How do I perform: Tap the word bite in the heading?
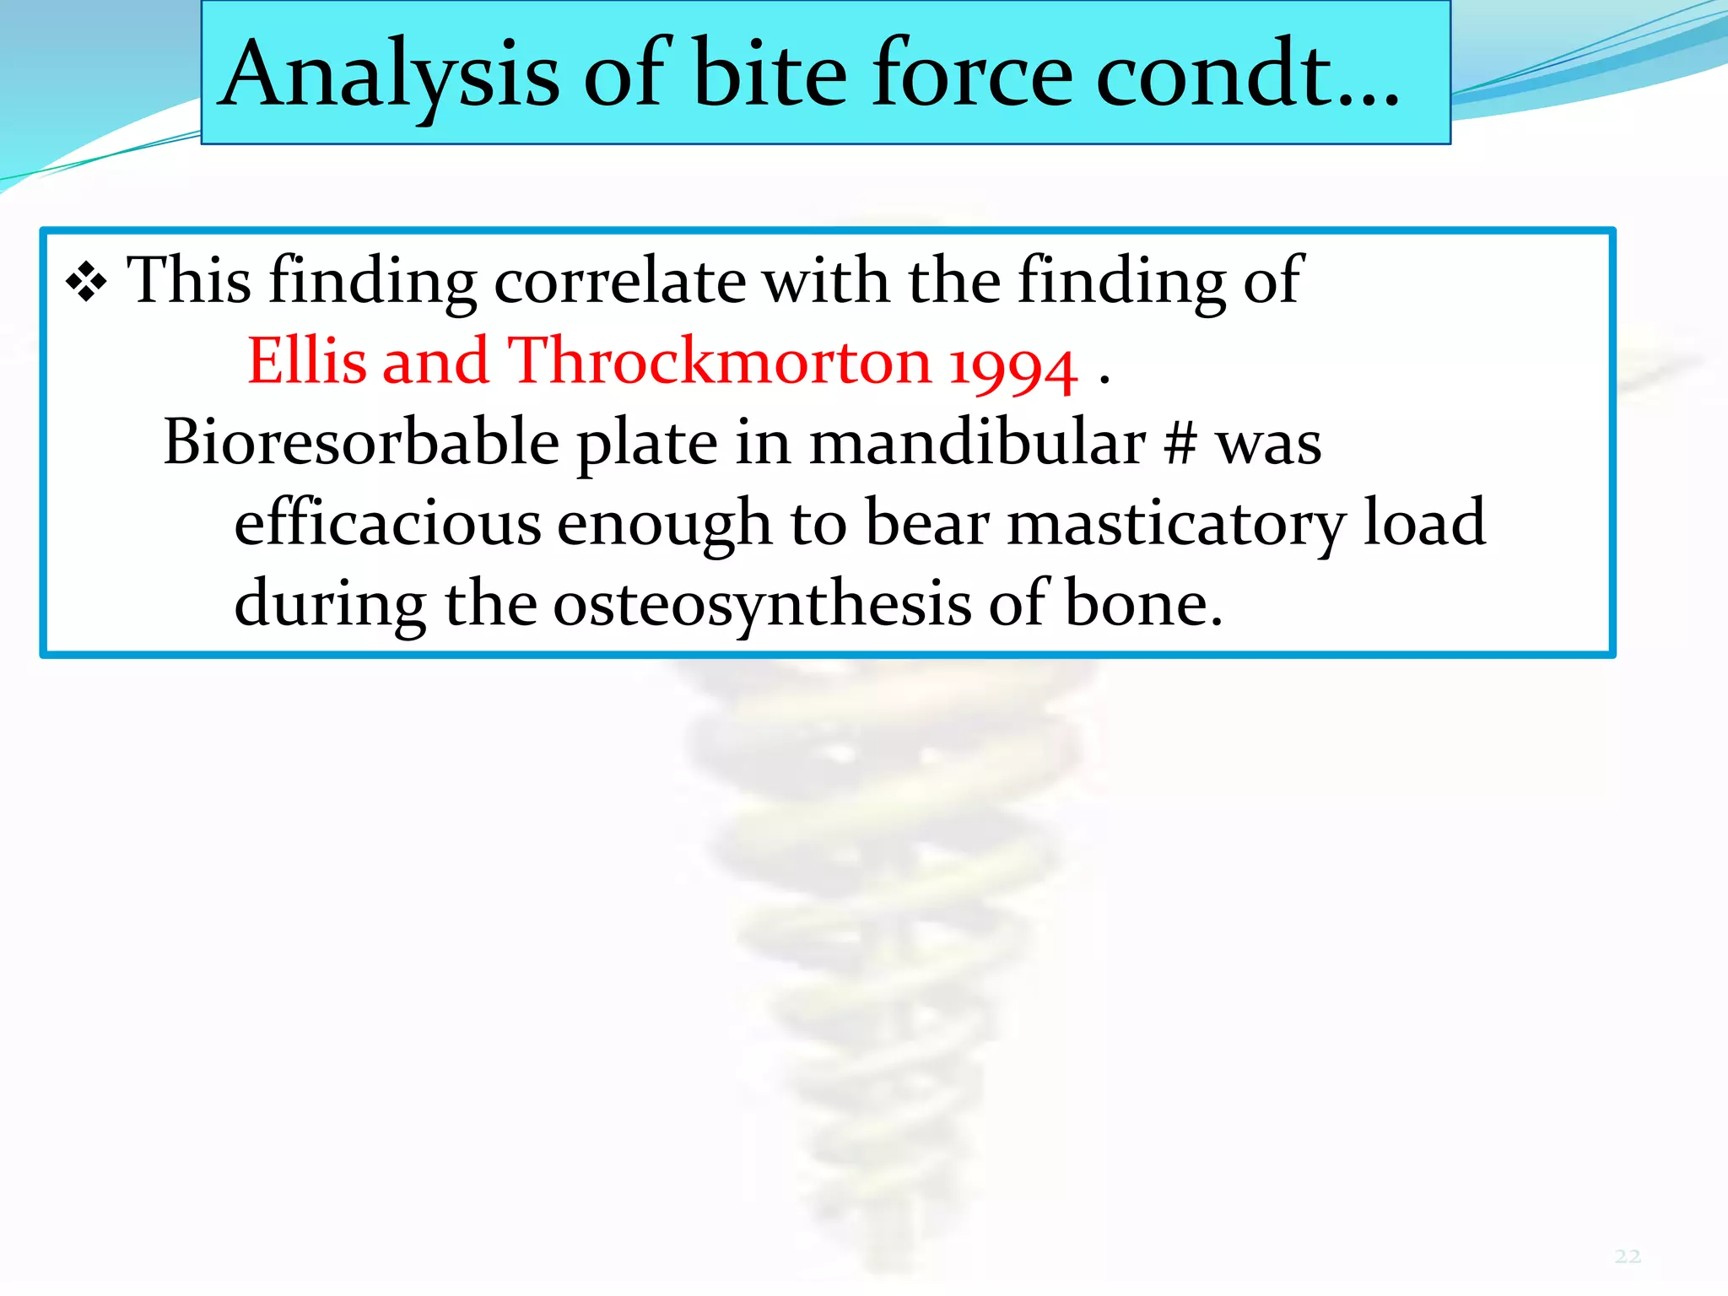click(x=769, y=76)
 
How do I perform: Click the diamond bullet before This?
click(x=86, y=283)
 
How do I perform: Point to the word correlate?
click(x=619, y=281)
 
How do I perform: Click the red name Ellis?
click(x=307, y=361)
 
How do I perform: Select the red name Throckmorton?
click(x=719, y=361)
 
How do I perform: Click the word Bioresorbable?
click(x=361, y=442)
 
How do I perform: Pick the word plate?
click(x=646, y=444)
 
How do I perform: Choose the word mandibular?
click(x=977, y=442)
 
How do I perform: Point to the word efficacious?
click(x=386, y=523)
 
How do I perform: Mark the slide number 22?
click(x=1628, y=1256)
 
